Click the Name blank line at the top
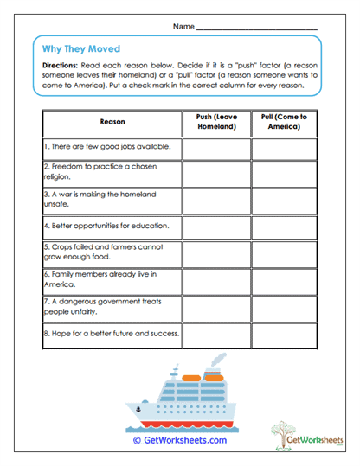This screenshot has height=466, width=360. (257, 29)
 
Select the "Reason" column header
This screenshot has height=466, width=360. (112, 122)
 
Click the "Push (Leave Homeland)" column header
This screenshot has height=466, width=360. (216, 122)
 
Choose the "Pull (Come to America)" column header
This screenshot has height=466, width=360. (284, 122)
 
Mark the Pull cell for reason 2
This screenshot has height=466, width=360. (284, 174)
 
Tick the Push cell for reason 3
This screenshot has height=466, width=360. (216, 200)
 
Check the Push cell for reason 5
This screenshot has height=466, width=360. (216, 253)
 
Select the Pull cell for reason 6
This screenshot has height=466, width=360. (284, 280)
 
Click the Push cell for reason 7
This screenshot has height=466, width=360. (216, 307)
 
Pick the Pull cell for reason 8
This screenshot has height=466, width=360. (284, 334)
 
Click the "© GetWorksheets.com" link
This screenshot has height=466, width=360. (179, 439)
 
